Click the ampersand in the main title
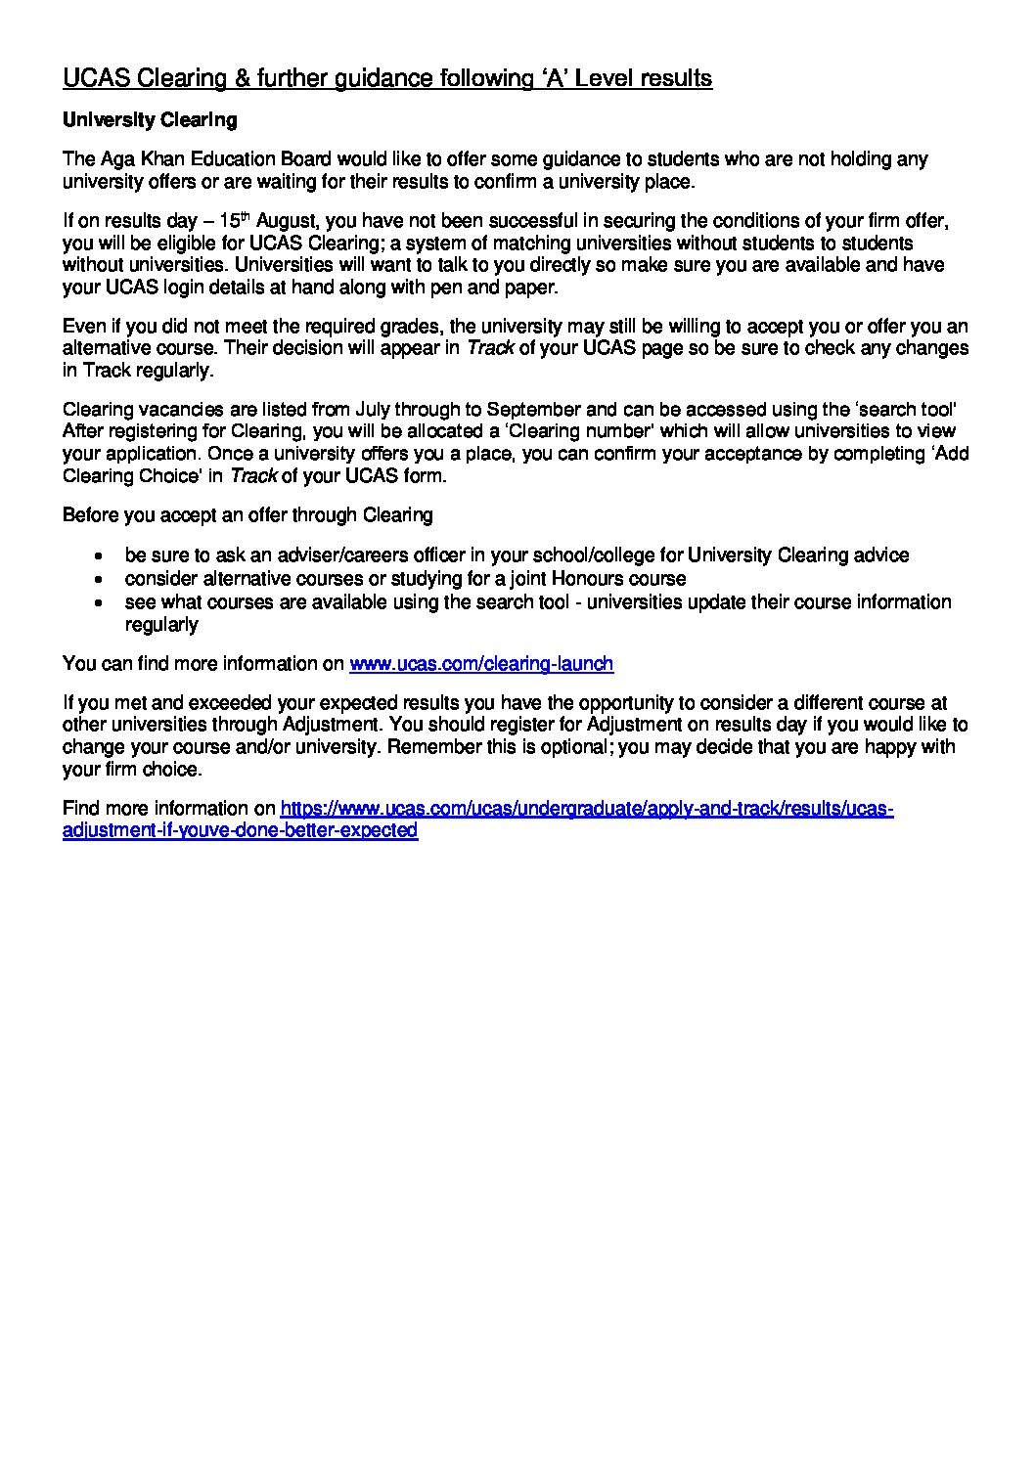pyautogui.click(x=239, y=78)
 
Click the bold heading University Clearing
pyautogui.click(x=150, y=120)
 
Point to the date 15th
pyautogui.click(x=235, y=221)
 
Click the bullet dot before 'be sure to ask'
pyautogui.click(x=99, y=556)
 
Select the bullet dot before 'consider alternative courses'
pyautogui.click(x=99, y=579)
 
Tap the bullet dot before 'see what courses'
pyautogui.click(x=99, y=602)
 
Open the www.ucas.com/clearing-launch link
pyautogui.click(x=481, y=664)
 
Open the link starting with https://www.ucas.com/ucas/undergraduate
pyautogui.click(x=586, y=809)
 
